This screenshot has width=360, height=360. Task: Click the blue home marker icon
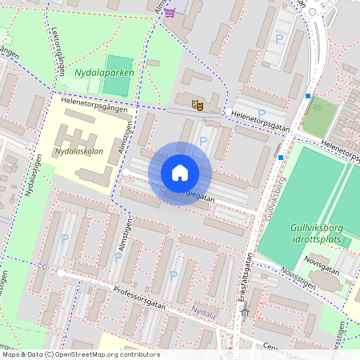180,173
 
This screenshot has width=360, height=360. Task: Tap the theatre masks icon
197,103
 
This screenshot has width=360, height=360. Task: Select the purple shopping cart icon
170,11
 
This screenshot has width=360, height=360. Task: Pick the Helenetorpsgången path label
89,101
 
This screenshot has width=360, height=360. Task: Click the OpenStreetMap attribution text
80,354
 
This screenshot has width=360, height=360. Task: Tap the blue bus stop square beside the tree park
308,96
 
